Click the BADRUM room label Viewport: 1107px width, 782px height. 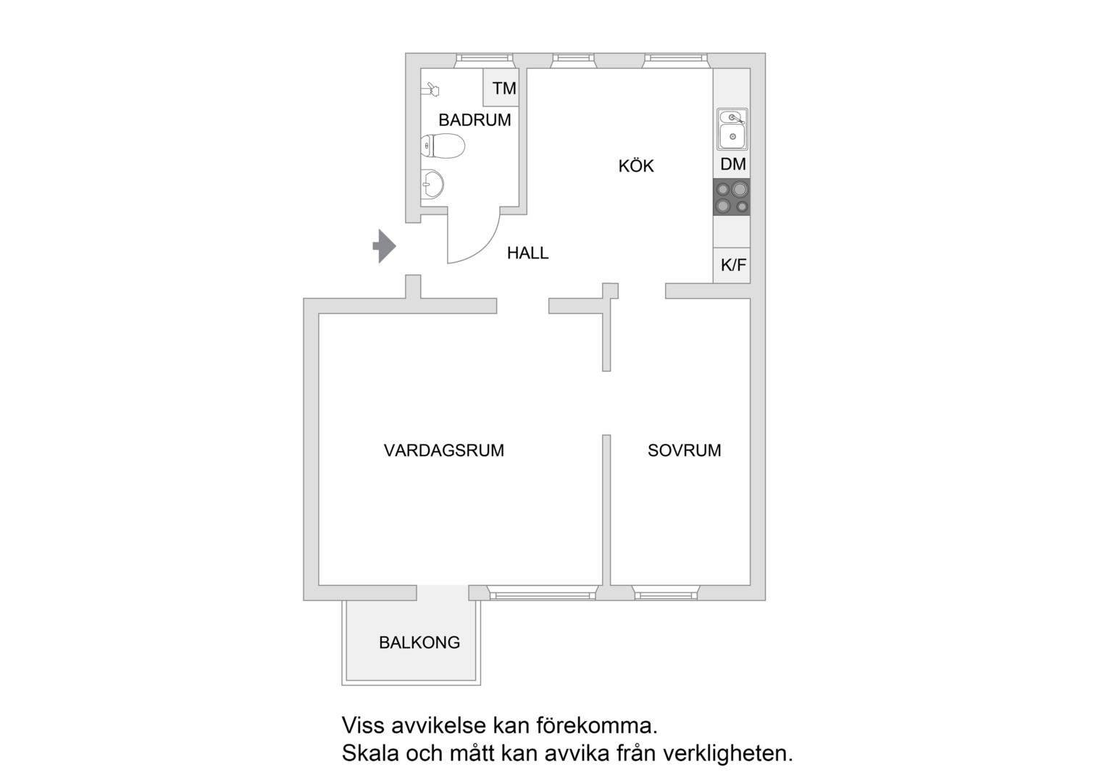point(475,120)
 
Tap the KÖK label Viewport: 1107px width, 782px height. point(636,166)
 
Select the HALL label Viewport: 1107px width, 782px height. point(527,253)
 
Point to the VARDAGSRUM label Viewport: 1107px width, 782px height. point(444,450)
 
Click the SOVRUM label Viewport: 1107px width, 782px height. point(684,450)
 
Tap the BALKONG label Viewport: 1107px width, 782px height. point(419,642)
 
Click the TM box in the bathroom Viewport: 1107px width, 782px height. point(501,88)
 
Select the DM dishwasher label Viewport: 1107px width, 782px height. point(733,164)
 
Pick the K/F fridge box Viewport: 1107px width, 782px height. point(732,265)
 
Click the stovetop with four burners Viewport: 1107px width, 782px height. point(732,197)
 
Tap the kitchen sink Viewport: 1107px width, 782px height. point(732,129)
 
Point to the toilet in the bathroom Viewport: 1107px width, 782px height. point(443,146)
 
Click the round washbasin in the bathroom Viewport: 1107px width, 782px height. point(433,184)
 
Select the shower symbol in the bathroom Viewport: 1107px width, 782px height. point(430,89)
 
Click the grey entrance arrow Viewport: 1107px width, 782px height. point(384,246)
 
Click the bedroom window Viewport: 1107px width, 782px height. point(666,592)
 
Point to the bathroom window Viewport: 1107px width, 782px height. point(484,60)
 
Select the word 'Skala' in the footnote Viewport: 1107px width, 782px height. point(370,753)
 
